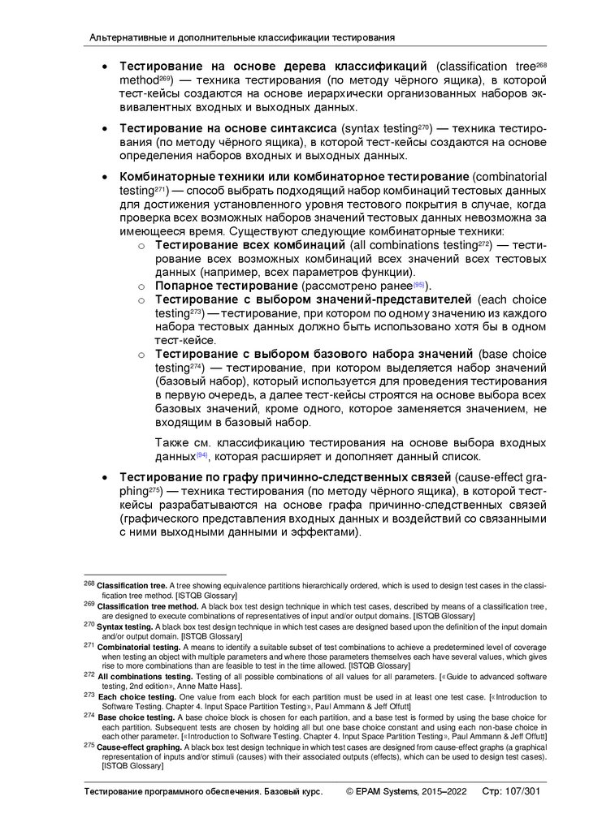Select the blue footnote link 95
[x=419, y=285]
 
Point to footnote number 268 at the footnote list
[x=89, y=585]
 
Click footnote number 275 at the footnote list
[x=89, y=745]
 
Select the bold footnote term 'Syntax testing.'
[x=124, y=626]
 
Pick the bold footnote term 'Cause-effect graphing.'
[x=136, y=746]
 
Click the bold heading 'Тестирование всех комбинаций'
[x=251, y=244]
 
